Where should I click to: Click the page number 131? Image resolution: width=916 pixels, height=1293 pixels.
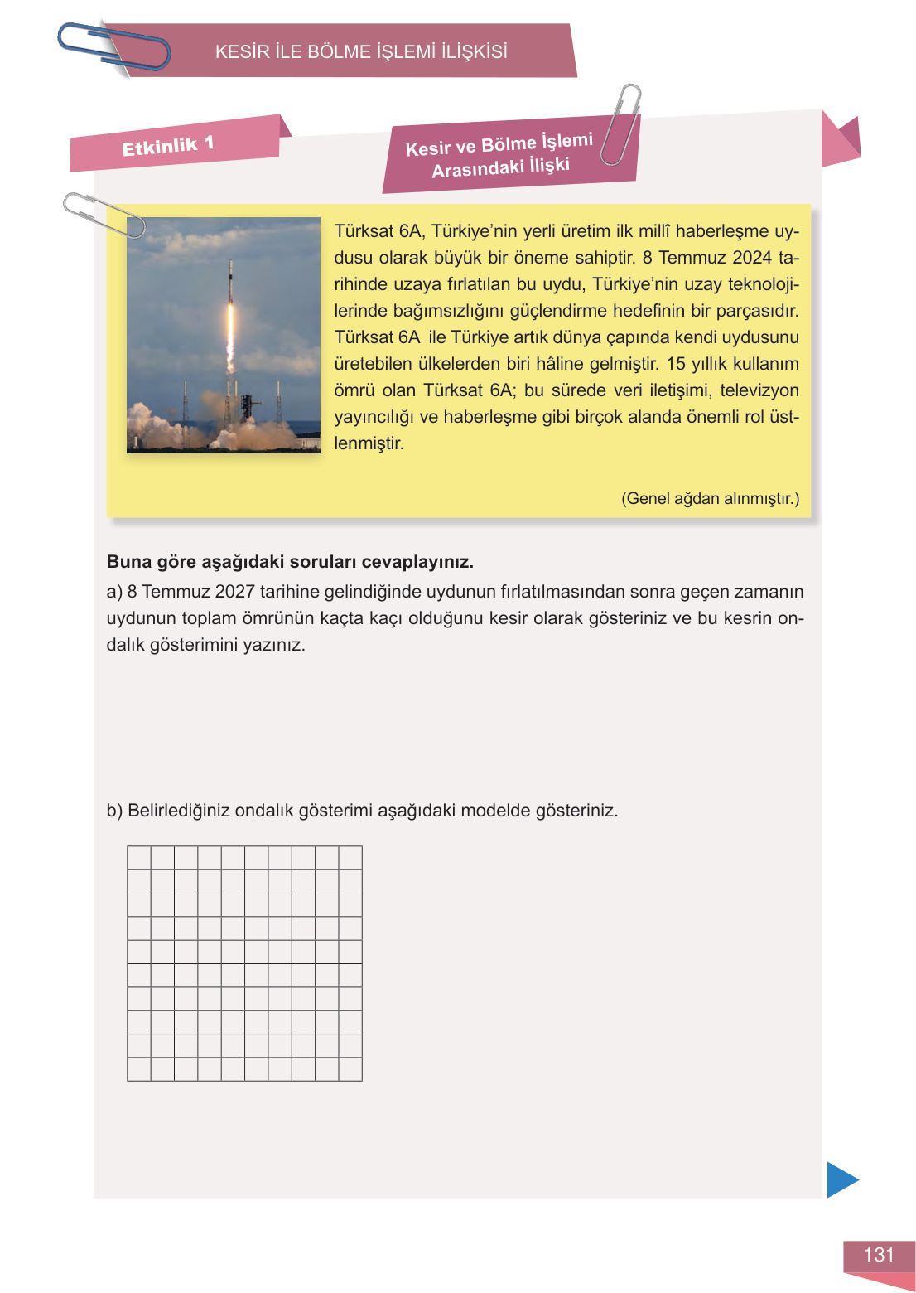(x=879, y=1255)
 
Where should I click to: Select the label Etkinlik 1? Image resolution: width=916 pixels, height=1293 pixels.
(x=168, y=147)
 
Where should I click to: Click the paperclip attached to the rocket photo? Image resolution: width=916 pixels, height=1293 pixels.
(x=103, y=214)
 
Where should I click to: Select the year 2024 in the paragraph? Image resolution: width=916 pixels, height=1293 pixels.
(x=752, y=258)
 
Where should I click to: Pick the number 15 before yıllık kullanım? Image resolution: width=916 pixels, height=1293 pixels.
(x=676, y=364)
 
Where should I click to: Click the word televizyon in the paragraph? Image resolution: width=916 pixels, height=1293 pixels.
(x=758, y=390)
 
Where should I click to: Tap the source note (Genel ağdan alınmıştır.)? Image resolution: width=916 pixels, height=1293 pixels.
(x=710, y=498)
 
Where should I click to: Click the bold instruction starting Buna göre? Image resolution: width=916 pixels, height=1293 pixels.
(x=290, y=562)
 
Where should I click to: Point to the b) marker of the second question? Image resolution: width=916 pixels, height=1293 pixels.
(x=114, y=811)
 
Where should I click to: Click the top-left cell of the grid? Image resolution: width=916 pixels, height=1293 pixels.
(x=139, y=858)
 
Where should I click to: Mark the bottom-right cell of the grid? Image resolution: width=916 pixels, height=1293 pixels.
(x=350, y=1069)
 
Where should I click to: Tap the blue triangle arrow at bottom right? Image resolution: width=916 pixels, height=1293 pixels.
(x=841, y=1179)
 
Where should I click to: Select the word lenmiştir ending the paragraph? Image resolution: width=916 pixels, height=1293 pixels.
(x=369, y=443)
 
